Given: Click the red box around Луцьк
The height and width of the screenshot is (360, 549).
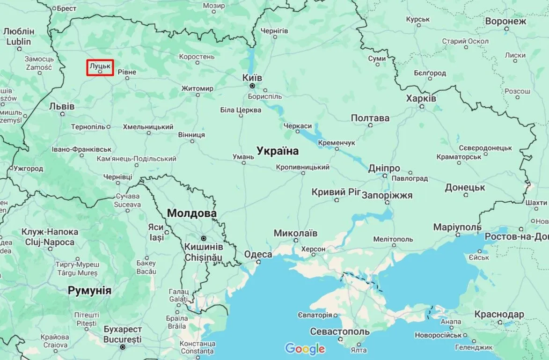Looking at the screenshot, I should point(100,67).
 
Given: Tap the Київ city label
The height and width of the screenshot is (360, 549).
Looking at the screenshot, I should point(252,77).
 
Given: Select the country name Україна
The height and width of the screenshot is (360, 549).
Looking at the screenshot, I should point(277,151).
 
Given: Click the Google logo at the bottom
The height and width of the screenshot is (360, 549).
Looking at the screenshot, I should point(305,348).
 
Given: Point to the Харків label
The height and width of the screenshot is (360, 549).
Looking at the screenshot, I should point(421,98).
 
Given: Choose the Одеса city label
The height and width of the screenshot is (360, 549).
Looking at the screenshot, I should point(258,254).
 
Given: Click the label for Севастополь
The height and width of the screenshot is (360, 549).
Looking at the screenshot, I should point(340,331).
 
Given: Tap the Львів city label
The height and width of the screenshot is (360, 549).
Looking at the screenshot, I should point(62,106).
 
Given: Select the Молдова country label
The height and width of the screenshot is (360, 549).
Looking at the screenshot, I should point(192,213).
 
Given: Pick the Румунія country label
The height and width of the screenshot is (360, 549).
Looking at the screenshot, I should point(90,290).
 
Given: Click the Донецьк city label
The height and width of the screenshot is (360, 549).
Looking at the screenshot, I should point(465,187).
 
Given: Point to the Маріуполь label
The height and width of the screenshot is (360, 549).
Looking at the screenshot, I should point(457,227).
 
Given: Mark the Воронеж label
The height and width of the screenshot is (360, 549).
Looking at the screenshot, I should point(505,22).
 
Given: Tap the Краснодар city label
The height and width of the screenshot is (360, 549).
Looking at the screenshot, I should point(499,314).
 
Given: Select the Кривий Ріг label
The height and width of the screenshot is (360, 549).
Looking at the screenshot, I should point(336,192).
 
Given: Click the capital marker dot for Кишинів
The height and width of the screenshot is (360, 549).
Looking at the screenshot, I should point(203,238).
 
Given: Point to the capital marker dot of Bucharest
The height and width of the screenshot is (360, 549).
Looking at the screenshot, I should point(123,347).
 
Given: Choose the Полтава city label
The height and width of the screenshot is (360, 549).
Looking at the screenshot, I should point(370,118).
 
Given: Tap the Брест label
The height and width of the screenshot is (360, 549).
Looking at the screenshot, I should point(66,8).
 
